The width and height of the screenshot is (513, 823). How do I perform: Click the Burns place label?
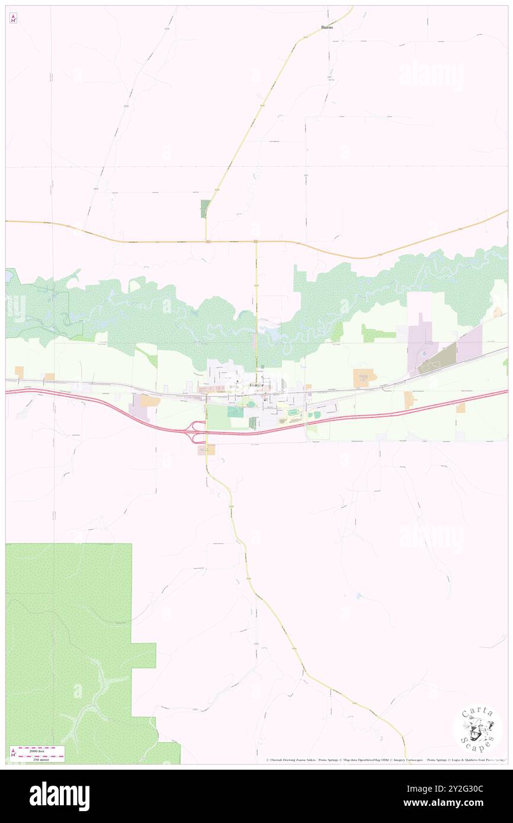327,27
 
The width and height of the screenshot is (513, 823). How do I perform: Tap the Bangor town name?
256,385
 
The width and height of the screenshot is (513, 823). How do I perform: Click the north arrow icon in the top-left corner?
13,18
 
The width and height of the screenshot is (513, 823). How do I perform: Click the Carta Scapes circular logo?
477,730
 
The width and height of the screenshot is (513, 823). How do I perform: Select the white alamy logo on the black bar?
59,796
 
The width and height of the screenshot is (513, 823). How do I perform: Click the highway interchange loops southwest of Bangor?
198,432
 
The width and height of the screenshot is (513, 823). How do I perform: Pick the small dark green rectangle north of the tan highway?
205,208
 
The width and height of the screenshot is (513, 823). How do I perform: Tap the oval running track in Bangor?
293,412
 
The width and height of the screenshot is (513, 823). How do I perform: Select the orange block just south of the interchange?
208,451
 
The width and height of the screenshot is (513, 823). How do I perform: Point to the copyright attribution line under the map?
385,760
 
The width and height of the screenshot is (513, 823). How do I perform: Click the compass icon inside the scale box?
13,753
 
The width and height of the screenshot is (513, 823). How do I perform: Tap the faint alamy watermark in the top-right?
431,76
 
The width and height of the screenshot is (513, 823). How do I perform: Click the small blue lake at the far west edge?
8,276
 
